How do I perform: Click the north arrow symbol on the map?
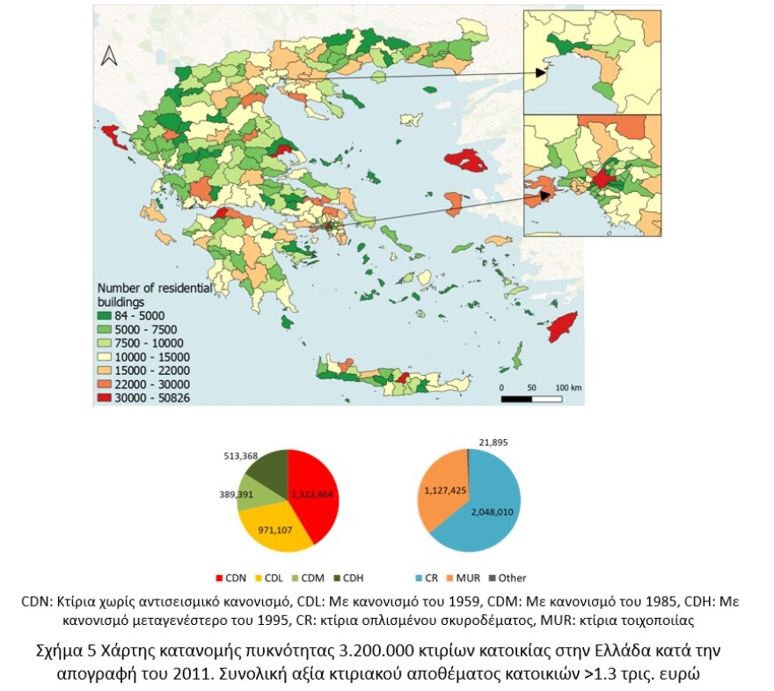(110, 55)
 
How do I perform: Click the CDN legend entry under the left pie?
(230, 577)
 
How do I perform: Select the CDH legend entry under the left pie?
(348, 577)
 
